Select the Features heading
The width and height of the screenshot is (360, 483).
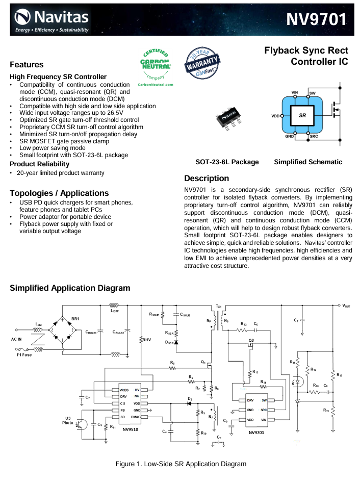pyautogui.click(x=27, y=65)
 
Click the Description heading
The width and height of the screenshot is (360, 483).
pyautogui.click(x=207, y=179)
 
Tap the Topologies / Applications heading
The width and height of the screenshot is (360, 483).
pyautogui.click(x=59, y=193)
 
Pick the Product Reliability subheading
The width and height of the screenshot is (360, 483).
pyautogui.click(x=39, y=164)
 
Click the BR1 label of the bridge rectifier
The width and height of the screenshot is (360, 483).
pyautogui.click(x=75, y=319)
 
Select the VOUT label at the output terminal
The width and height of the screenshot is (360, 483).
pyautogui.click(x=346, y=306)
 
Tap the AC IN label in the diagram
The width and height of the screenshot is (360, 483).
pyautogui.click(x=18, y=339)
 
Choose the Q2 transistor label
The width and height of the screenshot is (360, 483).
pyautogui.click(x=251, y=340)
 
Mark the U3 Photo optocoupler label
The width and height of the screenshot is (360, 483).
pyautogui.click(x=68, y=419)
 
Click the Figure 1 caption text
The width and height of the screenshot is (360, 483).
pyautogui.click(x=181, y=464)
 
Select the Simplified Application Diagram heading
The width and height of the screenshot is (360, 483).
pyautogui.click(x=70, y=288)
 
